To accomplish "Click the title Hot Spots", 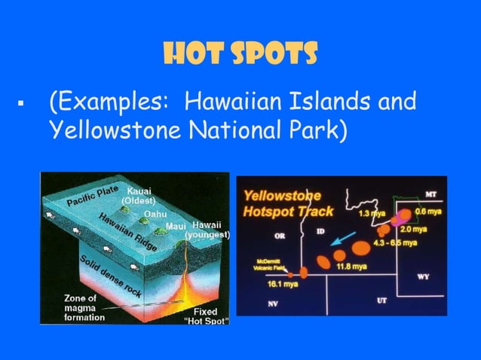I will (240, 53).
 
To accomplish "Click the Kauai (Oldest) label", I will (139, 196).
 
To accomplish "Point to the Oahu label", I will (155, 214).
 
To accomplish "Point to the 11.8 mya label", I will (351, 266).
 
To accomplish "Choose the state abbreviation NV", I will (273, 304).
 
